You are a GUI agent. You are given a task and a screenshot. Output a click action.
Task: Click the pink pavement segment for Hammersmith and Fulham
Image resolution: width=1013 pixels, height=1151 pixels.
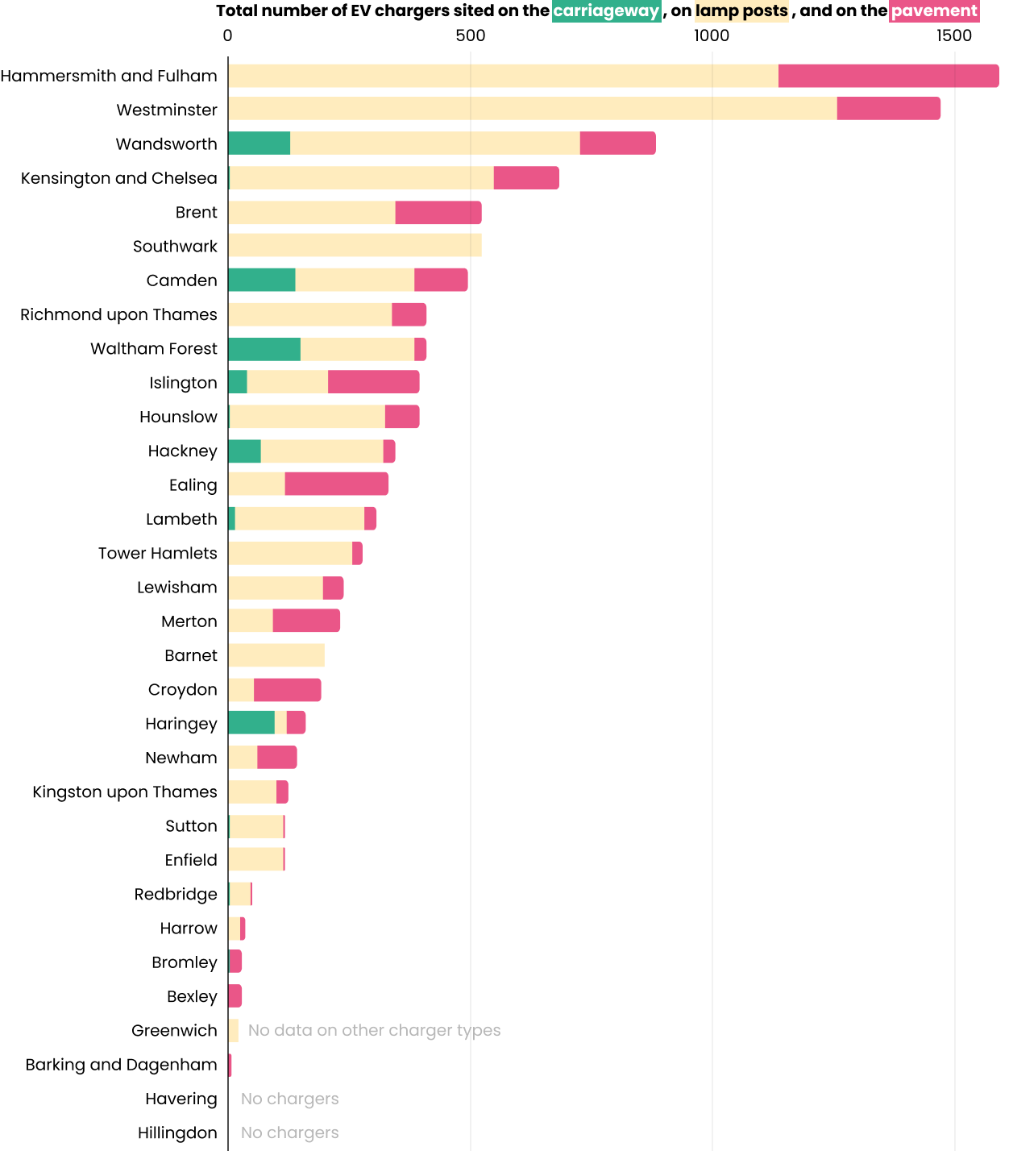pyautogui.click(x=888, y=76)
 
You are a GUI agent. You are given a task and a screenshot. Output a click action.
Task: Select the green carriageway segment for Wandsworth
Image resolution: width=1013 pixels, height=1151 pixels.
pyautogui.click(x=259, y=143)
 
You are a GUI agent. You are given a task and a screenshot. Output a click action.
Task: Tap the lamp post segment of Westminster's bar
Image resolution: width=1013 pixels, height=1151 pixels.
pyautogui.click(x=532, y=109)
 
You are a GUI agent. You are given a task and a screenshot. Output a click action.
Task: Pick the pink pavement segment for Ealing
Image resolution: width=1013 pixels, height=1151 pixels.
pyautogui.click(x=336, y=484)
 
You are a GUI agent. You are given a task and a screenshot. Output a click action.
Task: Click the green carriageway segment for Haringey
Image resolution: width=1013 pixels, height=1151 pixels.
pyautogui.click(x=251, y=723)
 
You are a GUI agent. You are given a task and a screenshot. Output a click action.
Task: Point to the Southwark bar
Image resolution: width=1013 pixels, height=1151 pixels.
pyautogui.click(x=355, y=246)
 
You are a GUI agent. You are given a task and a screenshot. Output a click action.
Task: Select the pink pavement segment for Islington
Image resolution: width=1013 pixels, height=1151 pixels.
pyautogui.click(x=373, y=382)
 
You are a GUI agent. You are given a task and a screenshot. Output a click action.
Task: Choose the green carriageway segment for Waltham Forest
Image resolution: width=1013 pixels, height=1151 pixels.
pyautogui.click(x=264, y=349)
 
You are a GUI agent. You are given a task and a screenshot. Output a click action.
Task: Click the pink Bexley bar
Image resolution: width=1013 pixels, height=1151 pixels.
pyautogui.click(x=235, y=996)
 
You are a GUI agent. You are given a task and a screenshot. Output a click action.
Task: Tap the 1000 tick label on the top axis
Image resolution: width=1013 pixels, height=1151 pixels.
pyautogui.click(x=712, y=35)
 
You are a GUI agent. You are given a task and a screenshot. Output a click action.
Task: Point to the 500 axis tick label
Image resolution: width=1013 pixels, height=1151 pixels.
pyautogui.click(x=471, y=35)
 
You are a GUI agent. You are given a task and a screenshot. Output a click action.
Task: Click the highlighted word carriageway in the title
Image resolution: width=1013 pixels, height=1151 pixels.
pyautogui.click(x=606, y=11)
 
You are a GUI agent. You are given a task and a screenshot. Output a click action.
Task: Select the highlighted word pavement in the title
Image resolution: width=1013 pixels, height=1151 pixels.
pyautogui.click(x=934, y=11)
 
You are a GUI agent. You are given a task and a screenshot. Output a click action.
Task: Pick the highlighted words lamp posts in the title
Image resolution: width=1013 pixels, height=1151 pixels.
pyautogui.click(x=741, y=11)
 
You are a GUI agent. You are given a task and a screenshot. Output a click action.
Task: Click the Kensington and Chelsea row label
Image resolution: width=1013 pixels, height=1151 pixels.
pyautogui.click(x=119, y=178)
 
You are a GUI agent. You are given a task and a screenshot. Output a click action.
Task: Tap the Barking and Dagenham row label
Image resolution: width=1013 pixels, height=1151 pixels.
pyautogui.click(x=122, y=1065)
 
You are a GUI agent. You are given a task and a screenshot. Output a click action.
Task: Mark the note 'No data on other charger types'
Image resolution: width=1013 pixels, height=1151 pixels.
pyautogui.click(x=374, y=1030)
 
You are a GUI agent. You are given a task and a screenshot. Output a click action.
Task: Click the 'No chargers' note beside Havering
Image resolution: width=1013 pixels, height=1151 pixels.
pyautogui.click(x=289, y=1099)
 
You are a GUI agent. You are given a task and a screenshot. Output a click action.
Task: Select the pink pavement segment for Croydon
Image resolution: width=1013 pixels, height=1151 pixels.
pyautogui.click(x=287, y=690)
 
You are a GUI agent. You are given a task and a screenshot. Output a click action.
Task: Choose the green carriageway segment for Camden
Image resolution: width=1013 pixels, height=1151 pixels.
pyautogui.click(x=262, y=280)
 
